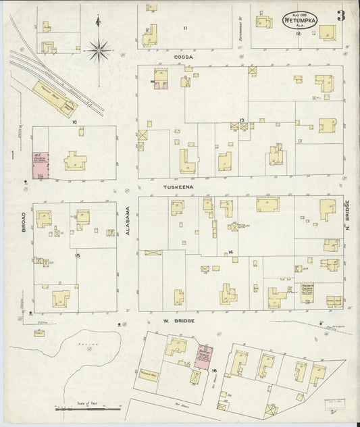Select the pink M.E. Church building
coord(39,164)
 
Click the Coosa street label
coord(184,57)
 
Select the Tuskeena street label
coord(178,186)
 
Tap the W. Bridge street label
coord(179,321)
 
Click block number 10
coord(76,122)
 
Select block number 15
coord(78,256)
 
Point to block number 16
coord(213,371)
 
